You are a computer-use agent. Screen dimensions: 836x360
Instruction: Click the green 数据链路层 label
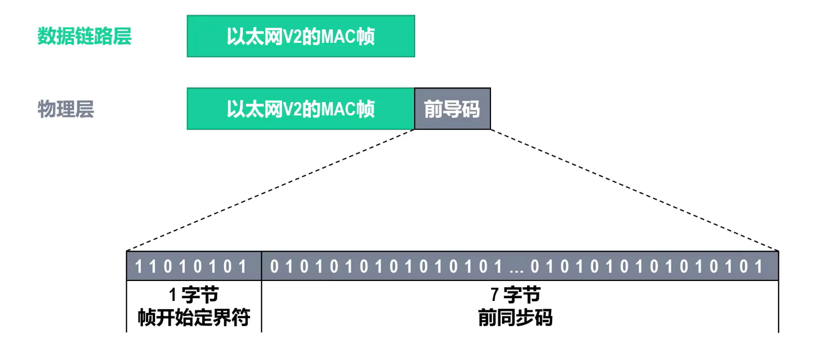click(84, 36)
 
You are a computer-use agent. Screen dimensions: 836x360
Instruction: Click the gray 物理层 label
click(65, 109)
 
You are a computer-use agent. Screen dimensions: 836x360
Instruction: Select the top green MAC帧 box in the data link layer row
click(301, 36)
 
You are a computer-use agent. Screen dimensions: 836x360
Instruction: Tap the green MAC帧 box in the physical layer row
click(300, 108)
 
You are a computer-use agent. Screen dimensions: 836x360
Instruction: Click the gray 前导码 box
click(452, 108)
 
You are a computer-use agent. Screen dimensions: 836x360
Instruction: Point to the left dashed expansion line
click(271, 190)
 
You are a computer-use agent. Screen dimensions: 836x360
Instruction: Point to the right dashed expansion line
click(634, 190)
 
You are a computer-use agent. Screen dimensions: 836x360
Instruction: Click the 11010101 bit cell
click(194, 266)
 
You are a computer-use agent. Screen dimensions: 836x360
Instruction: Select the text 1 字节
click(194, 295)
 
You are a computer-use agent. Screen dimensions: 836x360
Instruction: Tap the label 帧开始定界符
click(194, 318)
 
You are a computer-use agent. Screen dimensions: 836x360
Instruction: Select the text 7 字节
click(516, 295)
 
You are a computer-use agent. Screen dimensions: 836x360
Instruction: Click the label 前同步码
click(516, 318)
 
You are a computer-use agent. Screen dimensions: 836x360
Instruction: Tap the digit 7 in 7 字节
click(495, 295)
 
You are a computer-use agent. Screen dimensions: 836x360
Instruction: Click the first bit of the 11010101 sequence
click(138, 266)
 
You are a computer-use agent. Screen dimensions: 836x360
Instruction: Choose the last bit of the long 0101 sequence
click(759, 266)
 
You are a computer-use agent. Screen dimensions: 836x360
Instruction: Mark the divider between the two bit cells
click(262, 266)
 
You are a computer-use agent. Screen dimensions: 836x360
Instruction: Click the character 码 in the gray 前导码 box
click(471, 109)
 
